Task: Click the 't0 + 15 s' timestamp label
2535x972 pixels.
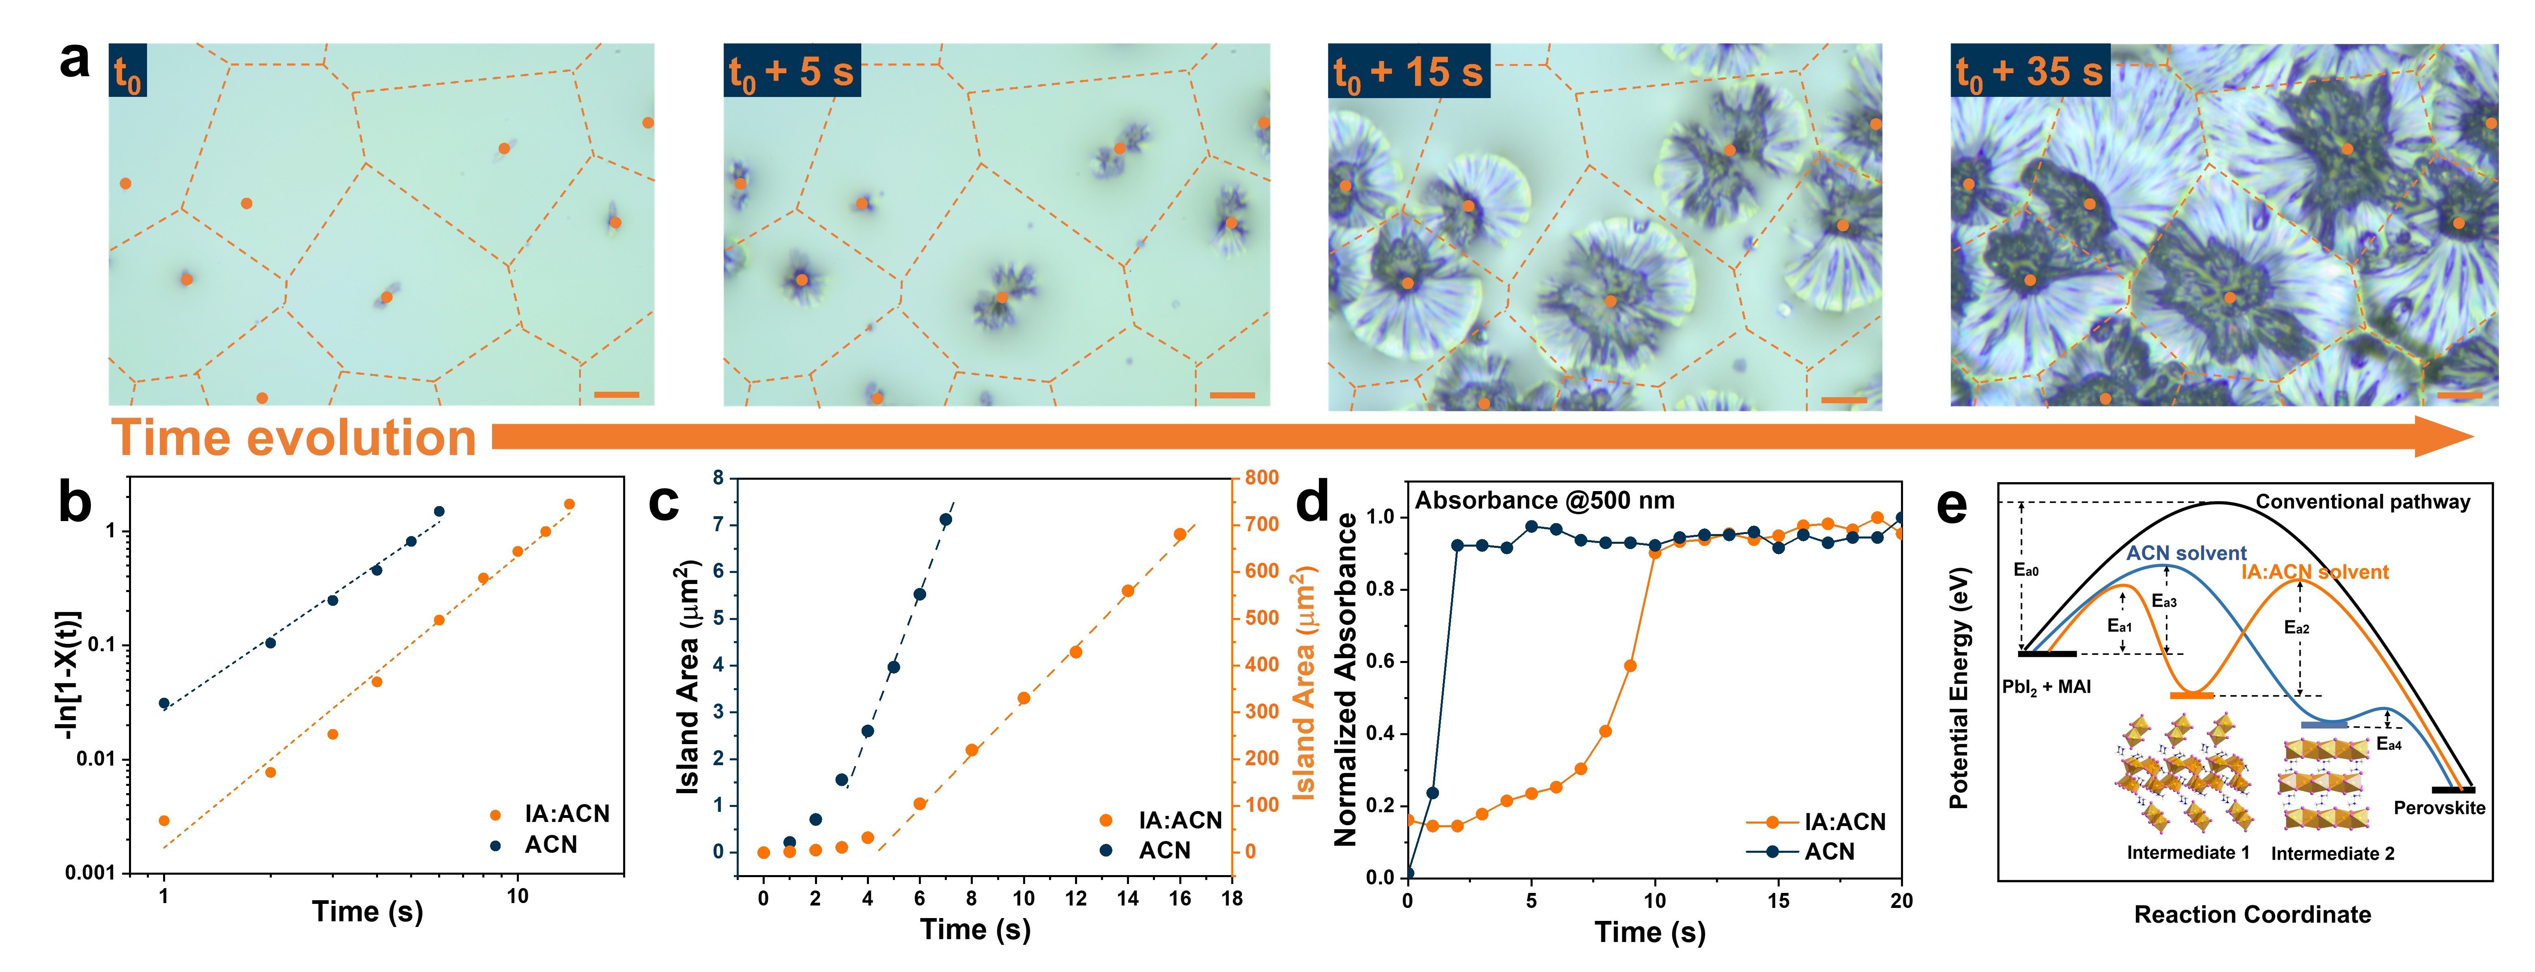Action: [x=1408, y=72]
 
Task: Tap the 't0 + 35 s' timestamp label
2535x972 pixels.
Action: [x=2030, y=72]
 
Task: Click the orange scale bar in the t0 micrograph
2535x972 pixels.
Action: [x=617, y=395]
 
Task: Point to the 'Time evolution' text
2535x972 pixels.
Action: [x=293, y=438]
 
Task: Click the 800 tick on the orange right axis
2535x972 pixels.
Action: [x=1262, y=478]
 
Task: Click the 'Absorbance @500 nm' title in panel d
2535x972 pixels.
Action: [x=1544, y=501]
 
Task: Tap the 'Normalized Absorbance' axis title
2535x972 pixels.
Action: [x=1345, y=679]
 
